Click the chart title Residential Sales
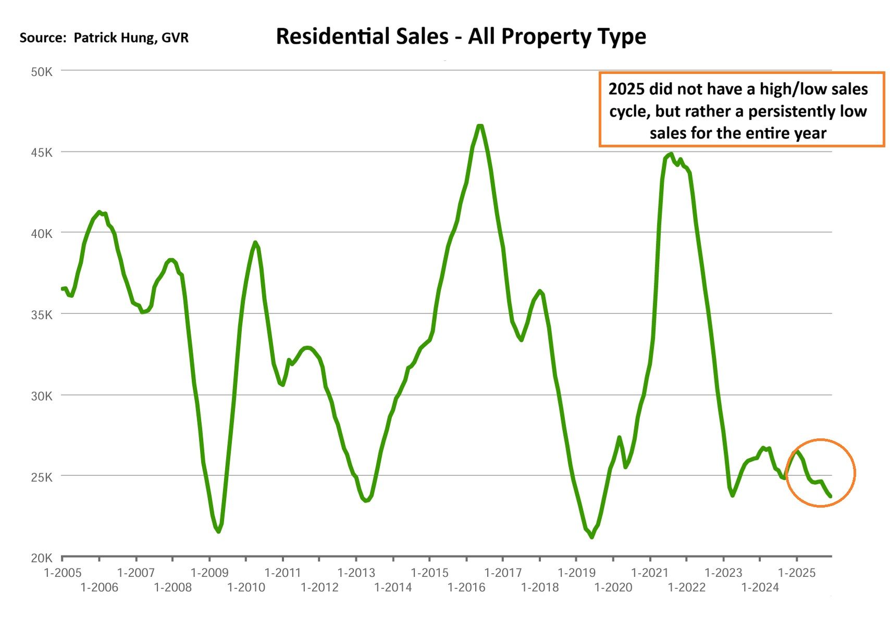[461, 36]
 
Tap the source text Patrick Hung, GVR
[131, 38]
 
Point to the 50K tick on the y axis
[42, 72]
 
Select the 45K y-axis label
[42, 153]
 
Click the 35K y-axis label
[42, 315]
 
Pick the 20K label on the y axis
[42, 558]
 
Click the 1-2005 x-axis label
[63, 573]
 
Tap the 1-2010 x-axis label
[246, 588]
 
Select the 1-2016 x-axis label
[466, 588]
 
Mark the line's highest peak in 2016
[479, 126]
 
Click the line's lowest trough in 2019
[591, 537]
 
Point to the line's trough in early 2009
[218, 531]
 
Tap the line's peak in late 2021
[671, 154]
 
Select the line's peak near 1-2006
[99, 212]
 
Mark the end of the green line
[830, 496]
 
